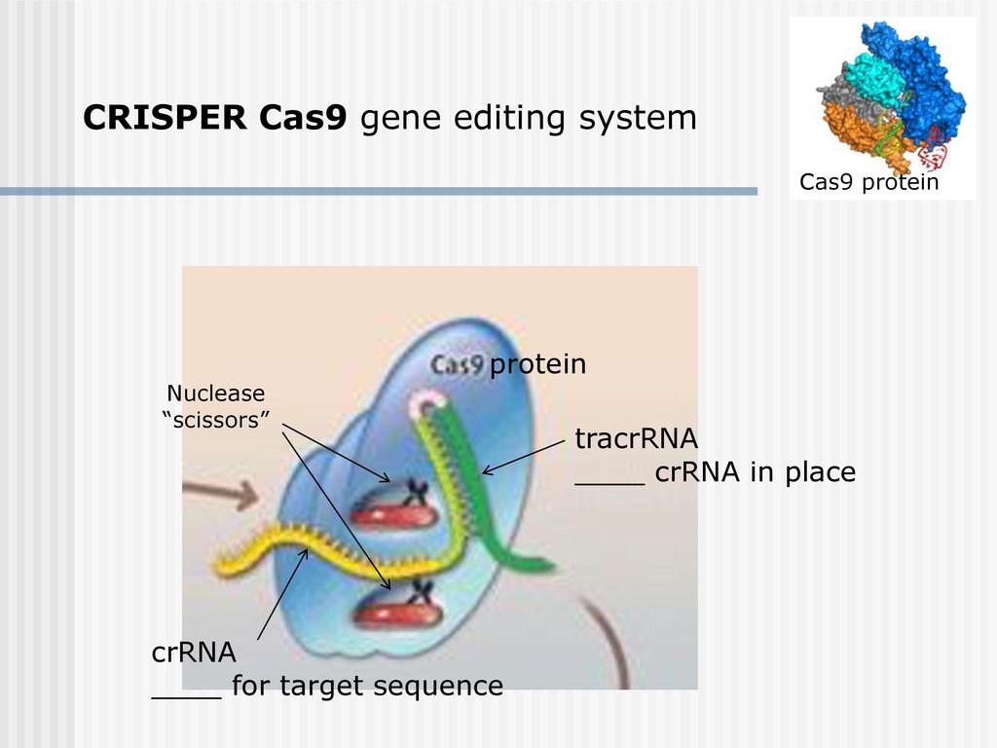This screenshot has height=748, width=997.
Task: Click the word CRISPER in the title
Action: coord(165,117)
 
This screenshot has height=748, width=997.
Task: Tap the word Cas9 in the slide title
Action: coord(304,117)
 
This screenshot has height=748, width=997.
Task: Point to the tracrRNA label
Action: coord(637,438)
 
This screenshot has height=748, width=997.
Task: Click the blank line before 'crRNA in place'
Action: coord(609,484)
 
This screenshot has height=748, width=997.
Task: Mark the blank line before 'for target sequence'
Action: coord(186,697)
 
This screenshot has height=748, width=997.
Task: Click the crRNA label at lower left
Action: coord(194,653)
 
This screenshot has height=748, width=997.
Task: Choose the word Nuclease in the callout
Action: coord(215,393)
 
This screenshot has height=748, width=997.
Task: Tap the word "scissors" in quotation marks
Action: coord(216,420)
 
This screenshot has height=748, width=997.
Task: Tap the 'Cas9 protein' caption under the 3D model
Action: coord(868,182)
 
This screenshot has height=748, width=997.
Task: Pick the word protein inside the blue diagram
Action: coord(537,364)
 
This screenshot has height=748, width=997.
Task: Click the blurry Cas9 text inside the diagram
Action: coord(458,364)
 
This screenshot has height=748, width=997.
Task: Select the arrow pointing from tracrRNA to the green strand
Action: coord(524,457)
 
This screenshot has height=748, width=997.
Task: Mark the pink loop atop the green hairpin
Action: coord(427,402)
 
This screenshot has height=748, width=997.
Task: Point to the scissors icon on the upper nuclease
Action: coord(416,492)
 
